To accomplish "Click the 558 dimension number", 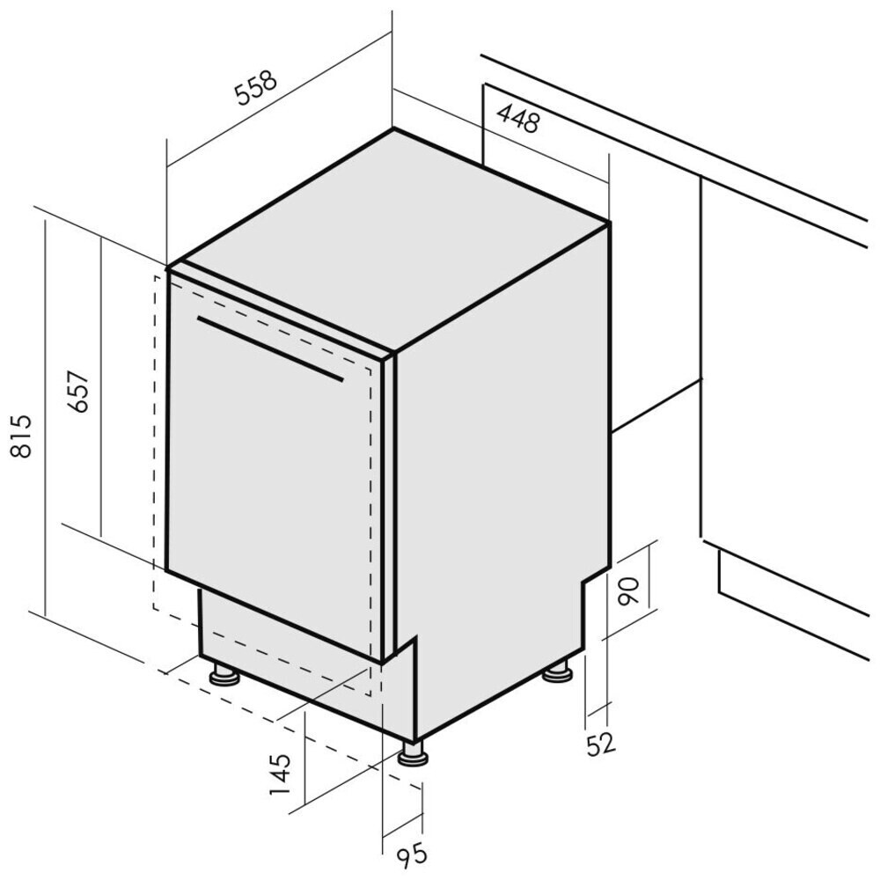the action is pos(256,87).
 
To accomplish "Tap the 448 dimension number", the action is pos(518,119).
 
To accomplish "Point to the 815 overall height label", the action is pos(21,436).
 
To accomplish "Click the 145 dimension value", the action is pos(281,774).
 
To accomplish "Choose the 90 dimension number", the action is pos(628,590).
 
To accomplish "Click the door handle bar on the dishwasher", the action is pos(270,348).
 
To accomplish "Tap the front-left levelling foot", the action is pos(224,675).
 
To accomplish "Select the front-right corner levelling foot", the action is pos(413,754).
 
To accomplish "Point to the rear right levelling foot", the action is pos(557,671).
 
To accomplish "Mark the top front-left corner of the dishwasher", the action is pos(168,268).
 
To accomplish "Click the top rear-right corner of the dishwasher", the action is pos(610,224).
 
